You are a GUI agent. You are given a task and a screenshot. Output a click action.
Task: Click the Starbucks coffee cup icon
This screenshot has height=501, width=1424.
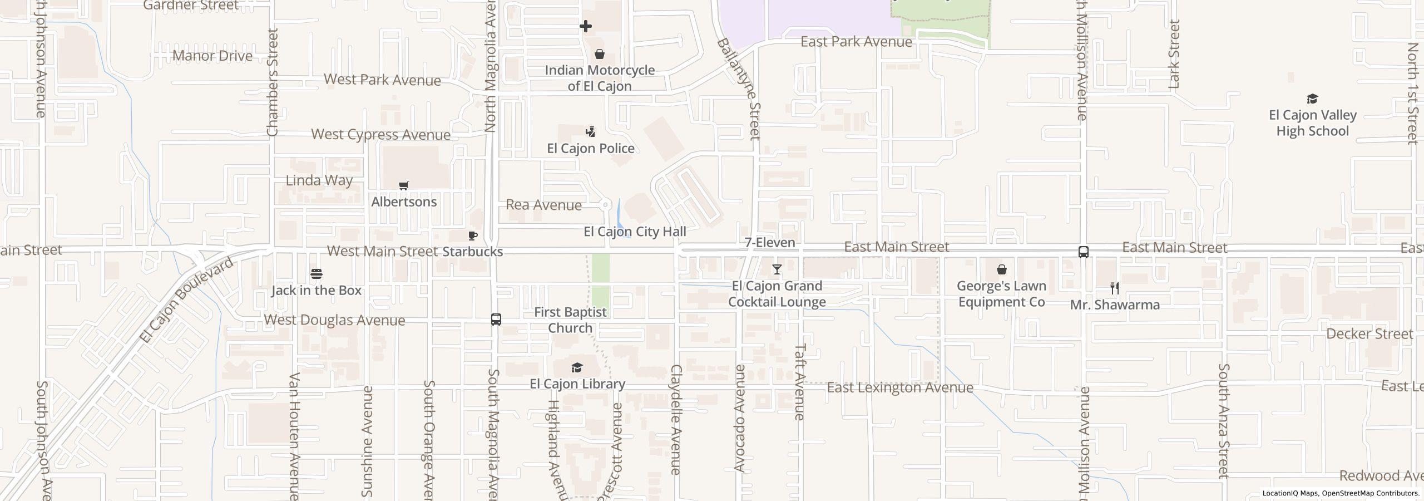coord(473,236)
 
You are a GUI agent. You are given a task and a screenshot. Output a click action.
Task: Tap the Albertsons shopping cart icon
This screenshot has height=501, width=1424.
coord(404,186)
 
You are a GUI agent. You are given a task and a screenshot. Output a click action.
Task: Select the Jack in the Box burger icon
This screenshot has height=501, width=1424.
coord(317,273)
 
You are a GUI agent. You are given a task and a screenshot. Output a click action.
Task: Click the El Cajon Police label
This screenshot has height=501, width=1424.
coord(591,148)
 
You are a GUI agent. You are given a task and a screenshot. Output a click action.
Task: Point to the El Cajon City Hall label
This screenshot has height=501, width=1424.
coord(635,232)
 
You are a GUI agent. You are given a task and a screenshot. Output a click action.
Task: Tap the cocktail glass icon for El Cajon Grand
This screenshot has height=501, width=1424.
coord(777,270)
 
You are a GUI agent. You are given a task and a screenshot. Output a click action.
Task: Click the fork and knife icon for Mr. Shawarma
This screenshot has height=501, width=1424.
coord(1115,288)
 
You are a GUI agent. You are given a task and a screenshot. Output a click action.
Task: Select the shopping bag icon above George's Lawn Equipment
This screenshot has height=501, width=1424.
coord(1002,270)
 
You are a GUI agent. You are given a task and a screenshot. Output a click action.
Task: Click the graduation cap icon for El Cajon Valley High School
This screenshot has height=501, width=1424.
coord(1312,99)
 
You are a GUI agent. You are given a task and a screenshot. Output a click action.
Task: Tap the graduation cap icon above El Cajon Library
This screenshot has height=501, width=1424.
coord(577,368)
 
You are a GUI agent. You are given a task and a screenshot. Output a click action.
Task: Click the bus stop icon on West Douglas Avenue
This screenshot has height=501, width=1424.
coord(496,320)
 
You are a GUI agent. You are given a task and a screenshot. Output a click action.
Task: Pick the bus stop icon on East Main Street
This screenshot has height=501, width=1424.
coord(1084,252)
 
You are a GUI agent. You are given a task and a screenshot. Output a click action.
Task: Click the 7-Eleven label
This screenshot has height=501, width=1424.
coord(770,242)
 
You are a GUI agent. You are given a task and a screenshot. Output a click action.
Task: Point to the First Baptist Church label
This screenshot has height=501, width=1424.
coord(570,320)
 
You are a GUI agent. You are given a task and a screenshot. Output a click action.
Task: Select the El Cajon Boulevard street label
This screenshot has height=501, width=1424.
coord(186,301)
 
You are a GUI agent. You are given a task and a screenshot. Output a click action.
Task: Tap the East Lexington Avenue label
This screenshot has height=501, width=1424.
coord(900,387)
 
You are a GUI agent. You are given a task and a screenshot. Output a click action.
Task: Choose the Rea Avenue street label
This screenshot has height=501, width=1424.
coord(543,205)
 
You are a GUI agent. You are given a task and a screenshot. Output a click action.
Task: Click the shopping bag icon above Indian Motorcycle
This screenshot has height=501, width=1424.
coord(600,55)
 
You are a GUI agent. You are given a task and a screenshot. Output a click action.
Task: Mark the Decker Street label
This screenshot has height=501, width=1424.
coord(1369,334)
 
